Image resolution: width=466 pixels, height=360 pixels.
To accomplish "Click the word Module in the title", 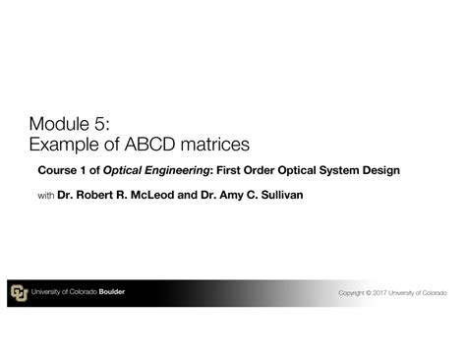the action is tap(59, 124).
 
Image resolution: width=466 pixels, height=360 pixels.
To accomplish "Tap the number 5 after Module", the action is tap(100, 124).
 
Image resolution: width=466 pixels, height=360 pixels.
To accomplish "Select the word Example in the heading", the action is tap(64, 145).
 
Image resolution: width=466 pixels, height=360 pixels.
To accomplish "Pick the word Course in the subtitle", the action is tap(57, 170).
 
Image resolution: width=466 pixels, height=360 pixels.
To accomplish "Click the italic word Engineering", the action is tap(177, 170).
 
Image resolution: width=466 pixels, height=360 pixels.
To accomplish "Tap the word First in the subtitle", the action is tap(228, 170).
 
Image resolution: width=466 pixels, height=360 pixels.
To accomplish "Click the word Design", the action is tap(380, 170).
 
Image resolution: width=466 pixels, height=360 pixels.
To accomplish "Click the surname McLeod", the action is tap(152, 195).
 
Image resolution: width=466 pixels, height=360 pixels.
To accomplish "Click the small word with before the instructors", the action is tap(46, 196).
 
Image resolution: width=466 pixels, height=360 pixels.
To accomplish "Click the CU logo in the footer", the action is tap(20, 293).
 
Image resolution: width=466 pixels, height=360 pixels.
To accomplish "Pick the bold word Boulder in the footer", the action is tap(112, 291).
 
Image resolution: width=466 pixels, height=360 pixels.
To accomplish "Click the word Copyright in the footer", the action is tap(351, 293).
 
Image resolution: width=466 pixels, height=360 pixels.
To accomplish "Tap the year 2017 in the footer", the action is tap(379, 292).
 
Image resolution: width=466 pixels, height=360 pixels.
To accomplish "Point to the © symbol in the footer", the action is tap(369, 292).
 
